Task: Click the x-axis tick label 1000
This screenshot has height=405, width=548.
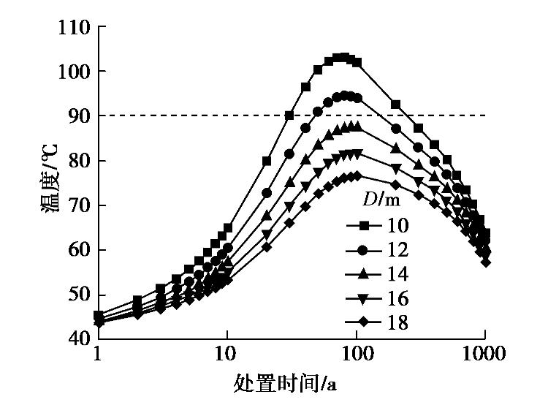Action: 484,355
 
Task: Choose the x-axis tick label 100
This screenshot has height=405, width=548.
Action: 356,355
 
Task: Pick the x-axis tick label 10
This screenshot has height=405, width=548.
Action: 227,355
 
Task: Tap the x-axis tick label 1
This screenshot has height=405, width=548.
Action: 98,355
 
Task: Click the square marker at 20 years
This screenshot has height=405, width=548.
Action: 266,161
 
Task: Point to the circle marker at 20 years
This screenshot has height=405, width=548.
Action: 266,193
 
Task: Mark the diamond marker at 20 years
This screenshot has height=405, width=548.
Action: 266,247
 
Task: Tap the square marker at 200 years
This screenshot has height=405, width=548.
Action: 395,105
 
